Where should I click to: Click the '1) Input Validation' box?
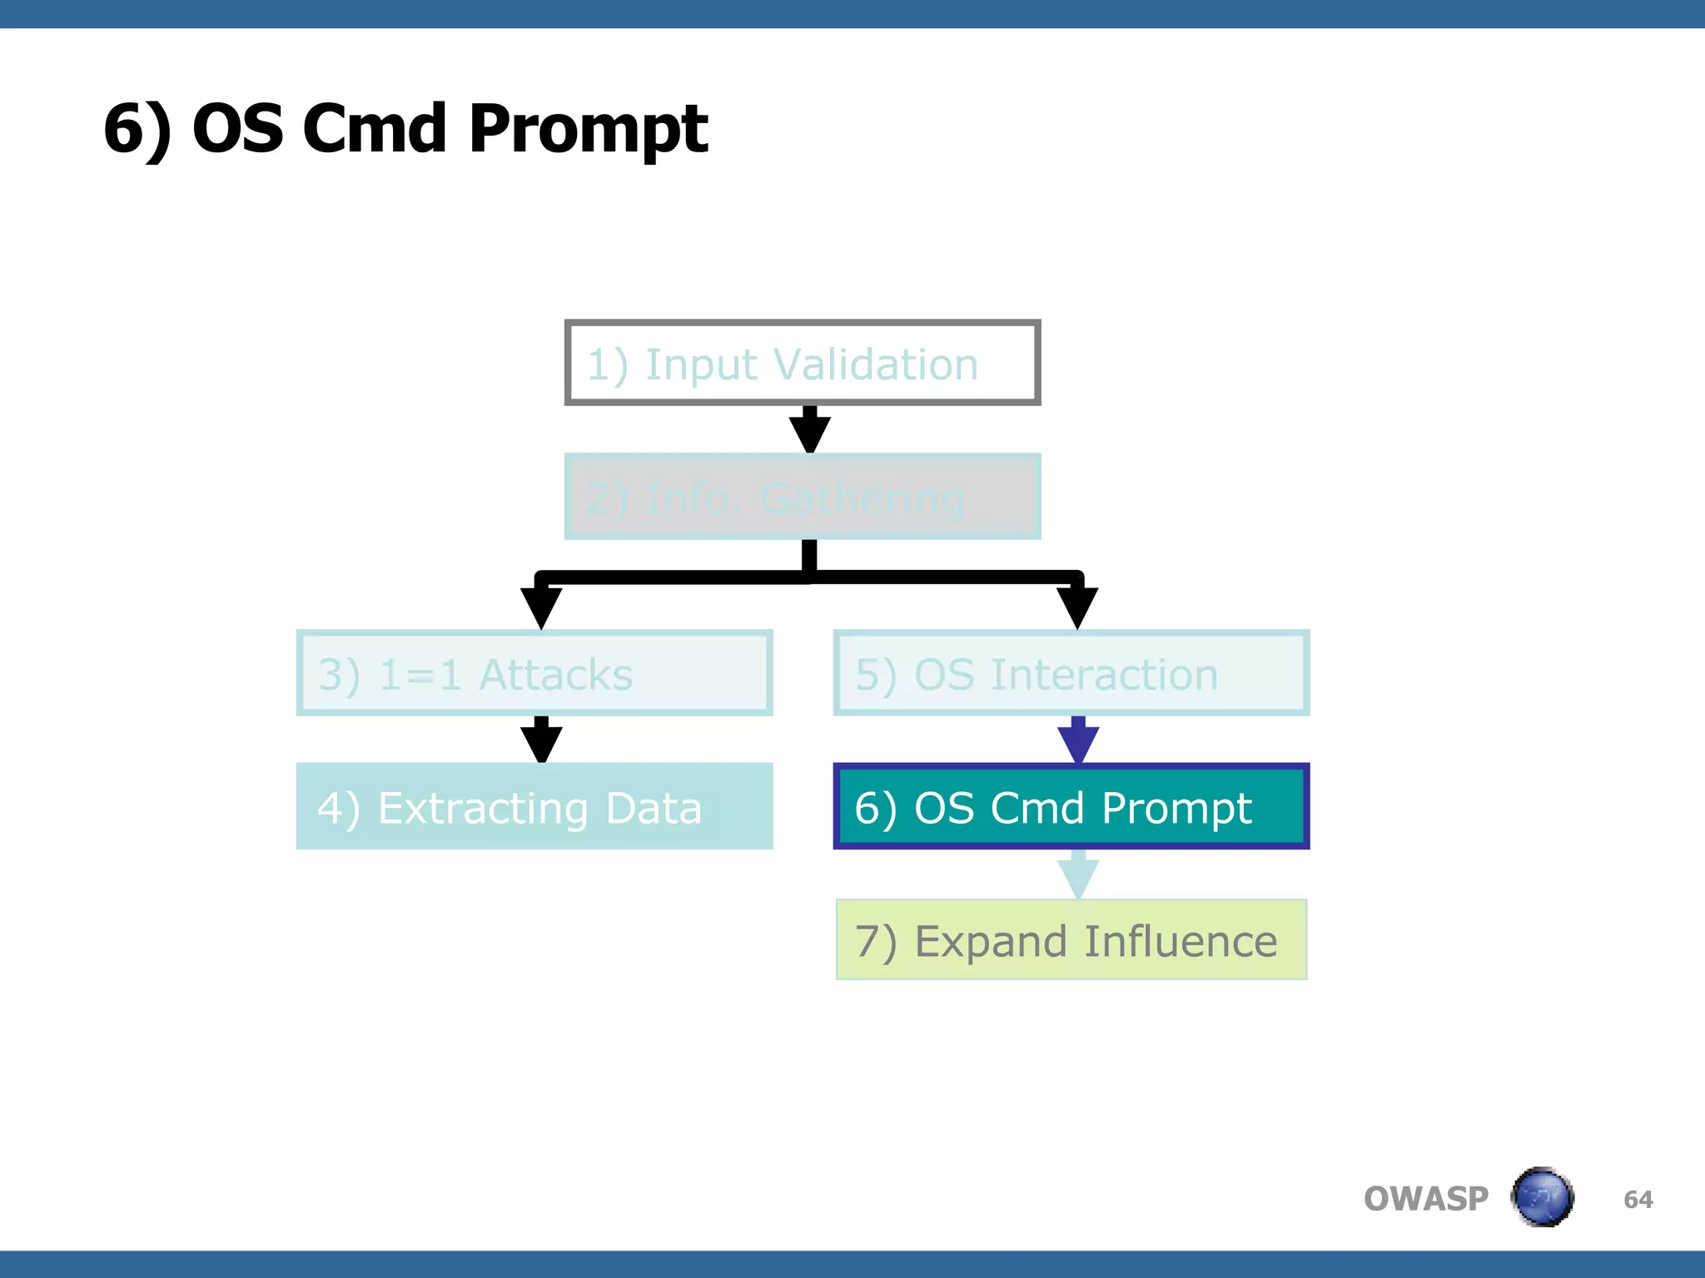pos(803,363)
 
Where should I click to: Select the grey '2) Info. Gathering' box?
pos(803,497)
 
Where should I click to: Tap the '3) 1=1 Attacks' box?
pos(534,673)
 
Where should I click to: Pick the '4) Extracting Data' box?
pos(534,806)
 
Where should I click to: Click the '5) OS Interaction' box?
pos(1071,673)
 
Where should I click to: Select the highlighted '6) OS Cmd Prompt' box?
pos(1071,806)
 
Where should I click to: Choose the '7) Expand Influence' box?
pos(1071,940)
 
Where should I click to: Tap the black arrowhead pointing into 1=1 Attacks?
pos(541,606)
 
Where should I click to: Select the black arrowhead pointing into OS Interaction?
pos(1077,606)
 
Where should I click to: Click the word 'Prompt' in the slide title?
pos(588,130)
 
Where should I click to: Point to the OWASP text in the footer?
pos(1425,1199)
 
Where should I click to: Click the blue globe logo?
pos(1542,1197)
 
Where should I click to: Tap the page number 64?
pos(1638,1199)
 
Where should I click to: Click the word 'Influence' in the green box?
pos(1180,941)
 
